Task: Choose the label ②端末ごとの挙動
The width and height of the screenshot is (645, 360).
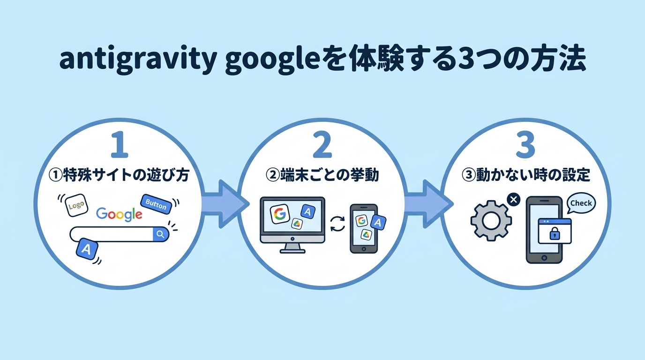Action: (322, 176)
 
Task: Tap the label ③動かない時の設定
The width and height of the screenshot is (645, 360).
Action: (525, 176)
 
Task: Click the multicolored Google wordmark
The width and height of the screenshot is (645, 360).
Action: (119, 214)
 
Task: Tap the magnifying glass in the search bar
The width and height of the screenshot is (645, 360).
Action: (160, 234)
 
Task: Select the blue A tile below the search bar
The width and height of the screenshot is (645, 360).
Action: (86, 249)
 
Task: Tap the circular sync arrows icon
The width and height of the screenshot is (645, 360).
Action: (337, 223)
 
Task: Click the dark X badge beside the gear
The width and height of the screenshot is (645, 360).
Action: (514, 200)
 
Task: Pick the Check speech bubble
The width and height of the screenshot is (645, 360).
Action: (581, 204)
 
